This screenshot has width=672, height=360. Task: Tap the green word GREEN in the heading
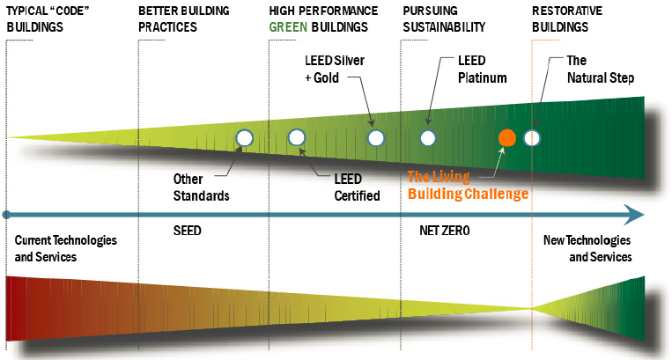(x=288, y=26)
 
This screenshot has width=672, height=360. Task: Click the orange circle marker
(x=506, y=137)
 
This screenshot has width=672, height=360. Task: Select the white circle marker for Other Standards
(x=245, y=137)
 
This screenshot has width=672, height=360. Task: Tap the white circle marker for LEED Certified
(x=296, y=137)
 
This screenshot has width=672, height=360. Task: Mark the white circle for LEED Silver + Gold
(x=376, y=137)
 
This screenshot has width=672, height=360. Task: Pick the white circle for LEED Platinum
(x=427, y=137)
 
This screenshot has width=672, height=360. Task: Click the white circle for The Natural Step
(x=532, y=137)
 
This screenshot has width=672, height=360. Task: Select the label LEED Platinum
(x=482, y=70)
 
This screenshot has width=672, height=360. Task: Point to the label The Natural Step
(x=599, y=70)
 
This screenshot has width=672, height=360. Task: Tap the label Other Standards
(x=201, y=187)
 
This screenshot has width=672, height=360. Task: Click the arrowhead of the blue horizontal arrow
(x=634, y=214)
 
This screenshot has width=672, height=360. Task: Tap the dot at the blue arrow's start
(x=6, y=214)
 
